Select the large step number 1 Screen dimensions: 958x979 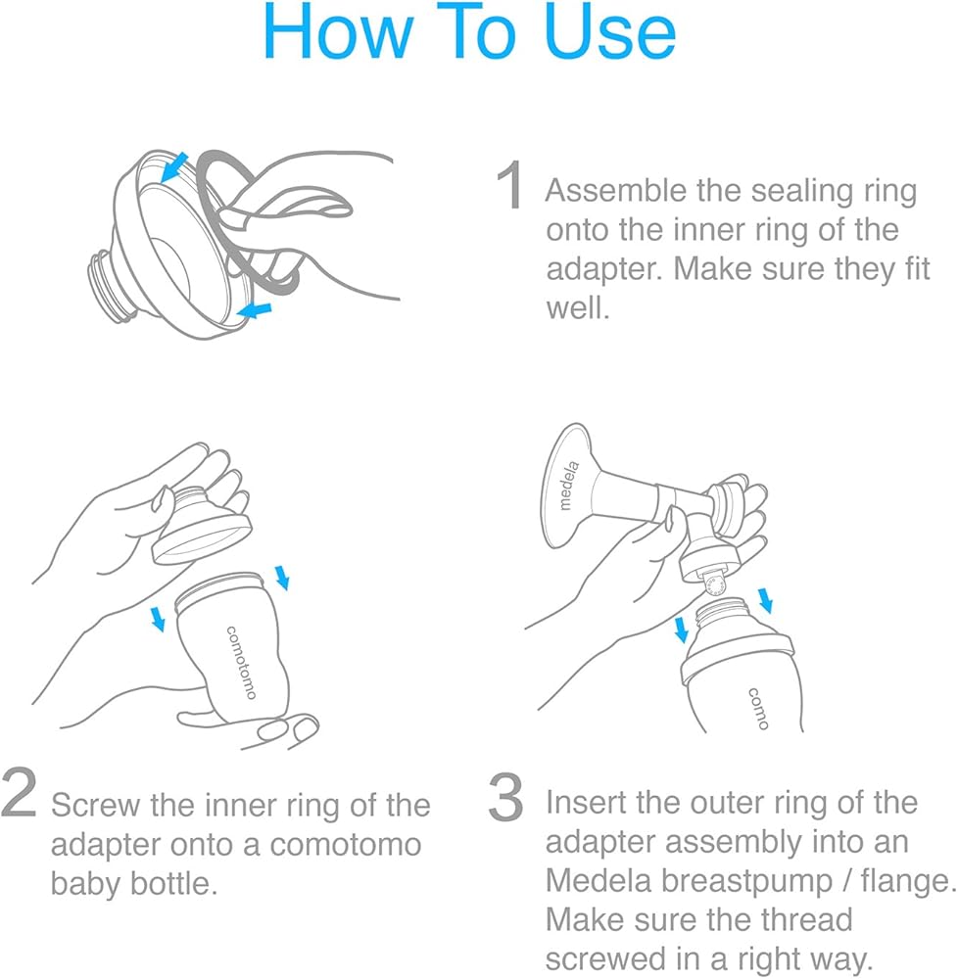pos(510,184)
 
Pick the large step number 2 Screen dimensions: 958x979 pos(19,793)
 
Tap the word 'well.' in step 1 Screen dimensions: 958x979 pos(578,307)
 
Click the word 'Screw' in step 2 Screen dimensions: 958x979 pos(96,805)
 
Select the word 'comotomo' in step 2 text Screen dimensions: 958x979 pos(346,845)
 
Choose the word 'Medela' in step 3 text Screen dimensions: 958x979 pos(599,881)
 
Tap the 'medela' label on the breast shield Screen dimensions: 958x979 pos(568,487)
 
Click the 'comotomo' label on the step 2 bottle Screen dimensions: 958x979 pos(241,663)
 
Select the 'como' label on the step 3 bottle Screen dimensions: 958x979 pos(758,709)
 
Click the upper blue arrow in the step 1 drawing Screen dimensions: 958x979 pos(174,167)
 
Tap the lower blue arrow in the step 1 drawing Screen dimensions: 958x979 pos(255,309)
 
